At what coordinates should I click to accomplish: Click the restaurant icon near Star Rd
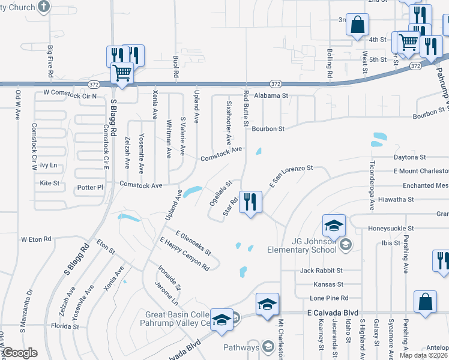pos(250,202)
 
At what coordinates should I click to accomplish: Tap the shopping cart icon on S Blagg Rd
pos(122,73)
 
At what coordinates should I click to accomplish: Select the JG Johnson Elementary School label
pos(312,245)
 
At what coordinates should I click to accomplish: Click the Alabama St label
pos(271,95)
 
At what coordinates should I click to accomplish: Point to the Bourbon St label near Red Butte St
pos(267,128)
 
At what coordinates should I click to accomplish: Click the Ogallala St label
pos(220,194)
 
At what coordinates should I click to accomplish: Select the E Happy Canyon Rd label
pos(184,254)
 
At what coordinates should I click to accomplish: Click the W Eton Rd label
pos(36,239)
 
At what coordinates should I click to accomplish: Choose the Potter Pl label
pos(91,188)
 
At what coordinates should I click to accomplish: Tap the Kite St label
pos(49,183)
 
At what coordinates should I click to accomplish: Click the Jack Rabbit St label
pos(321,271)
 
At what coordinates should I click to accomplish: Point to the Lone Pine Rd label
pos(326,298)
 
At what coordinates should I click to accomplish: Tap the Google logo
pos(19,353)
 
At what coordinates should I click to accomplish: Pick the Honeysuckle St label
pos(390,229)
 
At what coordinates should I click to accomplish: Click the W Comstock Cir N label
pos(70,95)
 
